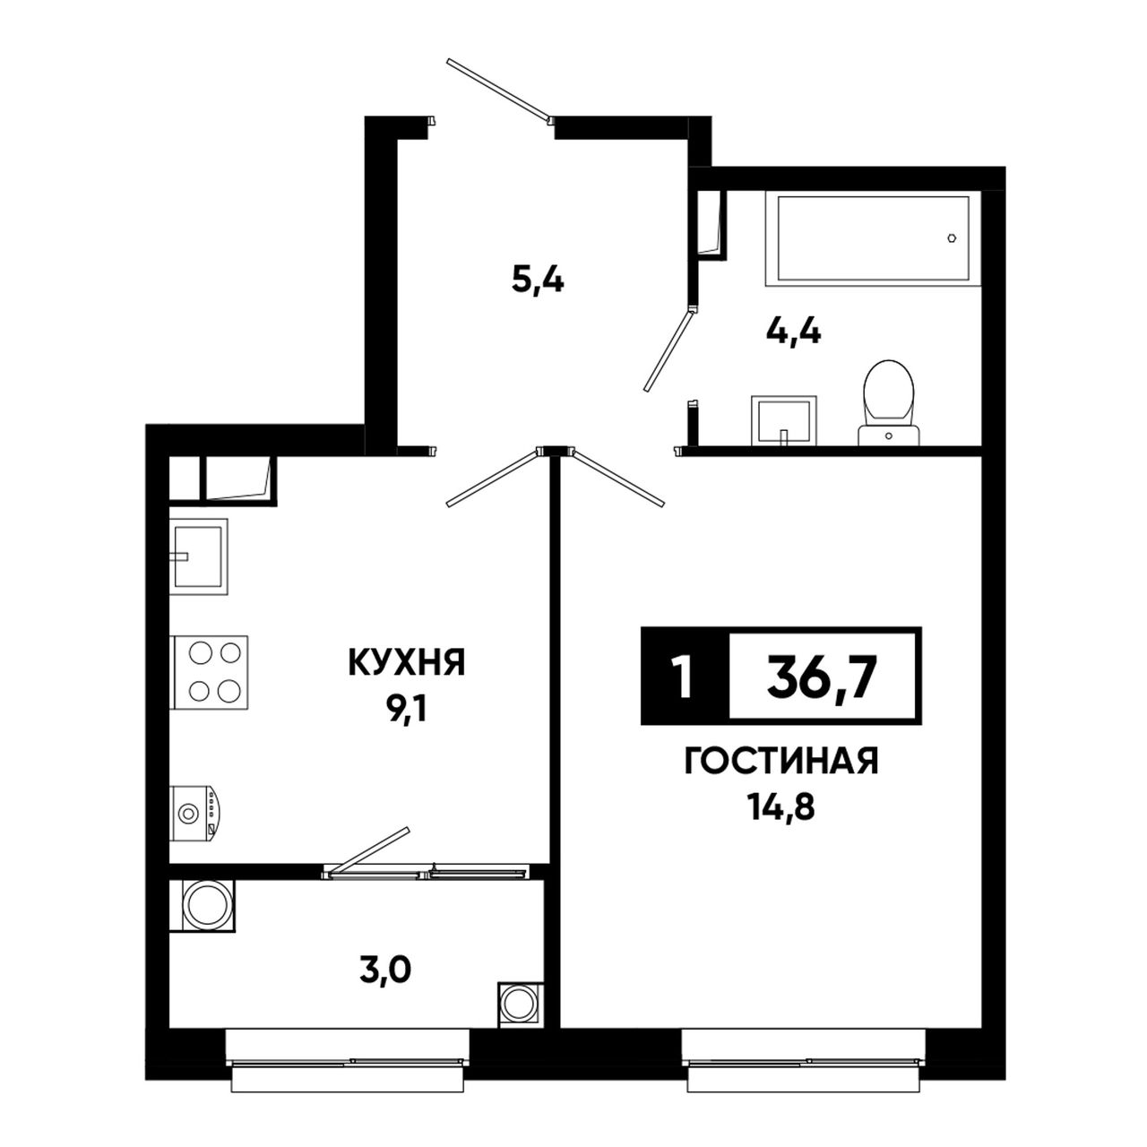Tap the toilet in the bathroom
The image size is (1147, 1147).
pyautogui.click(x=888, y=402)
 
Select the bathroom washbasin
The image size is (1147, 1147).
pyautogui.click(x=783, y=420)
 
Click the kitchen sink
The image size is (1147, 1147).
pyautogui.click(x=199, y=556)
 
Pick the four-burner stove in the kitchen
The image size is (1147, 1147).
pyautogui.click(x=209, y=672)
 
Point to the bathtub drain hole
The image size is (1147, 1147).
pyautogui.click(x=953, y=237)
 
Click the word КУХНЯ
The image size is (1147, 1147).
pyautogui.click(x=407, y=662)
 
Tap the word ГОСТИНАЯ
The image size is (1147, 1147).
pyautogui.click(x=781, y=762)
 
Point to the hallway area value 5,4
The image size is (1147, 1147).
pyautogui.click(x=538, y=280)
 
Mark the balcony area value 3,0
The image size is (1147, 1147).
pyautogui.click(x=385, y=972)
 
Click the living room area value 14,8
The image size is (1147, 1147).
pyautogui.click(x=780, y=808)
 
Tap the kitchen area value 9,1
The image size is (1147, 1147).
pyautogui.click(x=407, y=708)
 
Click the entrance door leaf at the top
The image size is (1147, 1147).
pyautogui.click(x=500, y=91)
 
